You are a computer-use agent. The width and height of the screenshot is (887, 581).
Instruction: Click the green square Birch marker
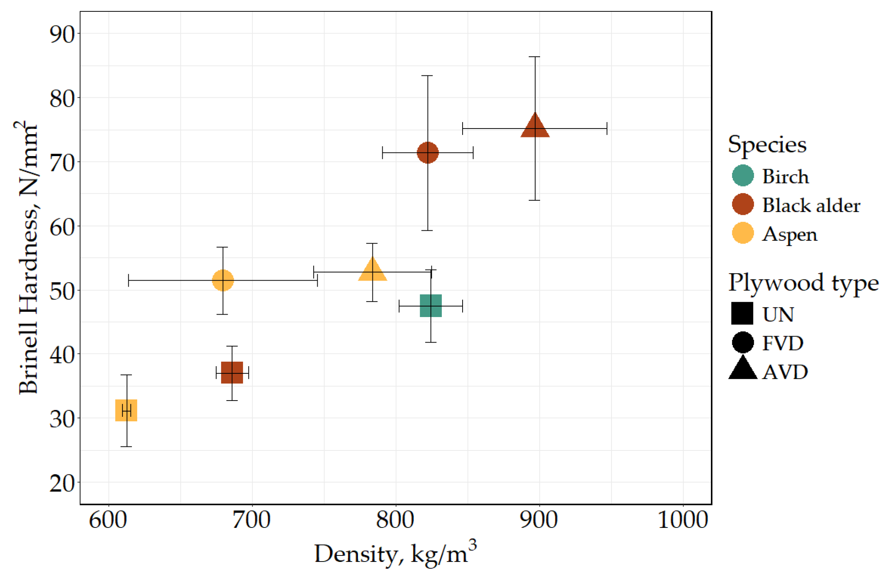click(x=431, y=306)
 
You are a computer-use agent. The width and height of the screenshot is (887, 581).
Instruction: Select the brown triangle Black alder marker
click(x=535, y=127)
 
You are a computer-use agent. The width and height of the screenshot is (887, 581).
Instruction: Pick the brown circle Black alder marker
click(x=427, y=152)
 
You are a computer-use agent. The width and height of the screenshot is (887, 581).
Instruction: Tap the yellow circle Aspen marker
click(x=223, y=280)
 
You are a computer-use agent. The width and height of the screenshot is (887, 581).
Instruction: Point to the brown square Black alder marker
click(x=232, y=372)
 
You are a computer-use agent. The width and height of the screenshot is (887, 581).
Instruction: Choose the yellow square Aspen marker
click(x=126, y=410)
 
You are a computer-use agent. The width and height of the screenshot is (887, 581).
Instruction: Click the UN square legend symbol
click(x=742, y=313)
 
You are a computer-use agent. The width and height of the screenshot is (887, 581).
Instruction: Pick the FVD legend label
click(x=782, y=343)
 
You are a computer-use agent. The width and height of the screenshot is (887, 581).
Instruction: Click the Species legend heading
click(x=767, y=144)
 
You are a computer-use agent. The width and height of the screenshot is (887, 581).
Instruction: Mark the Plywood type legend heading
click(x=803, y=283)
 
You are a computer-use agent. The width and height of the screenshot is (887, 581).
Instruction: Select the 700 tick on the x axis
click(x=252, y=520)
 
